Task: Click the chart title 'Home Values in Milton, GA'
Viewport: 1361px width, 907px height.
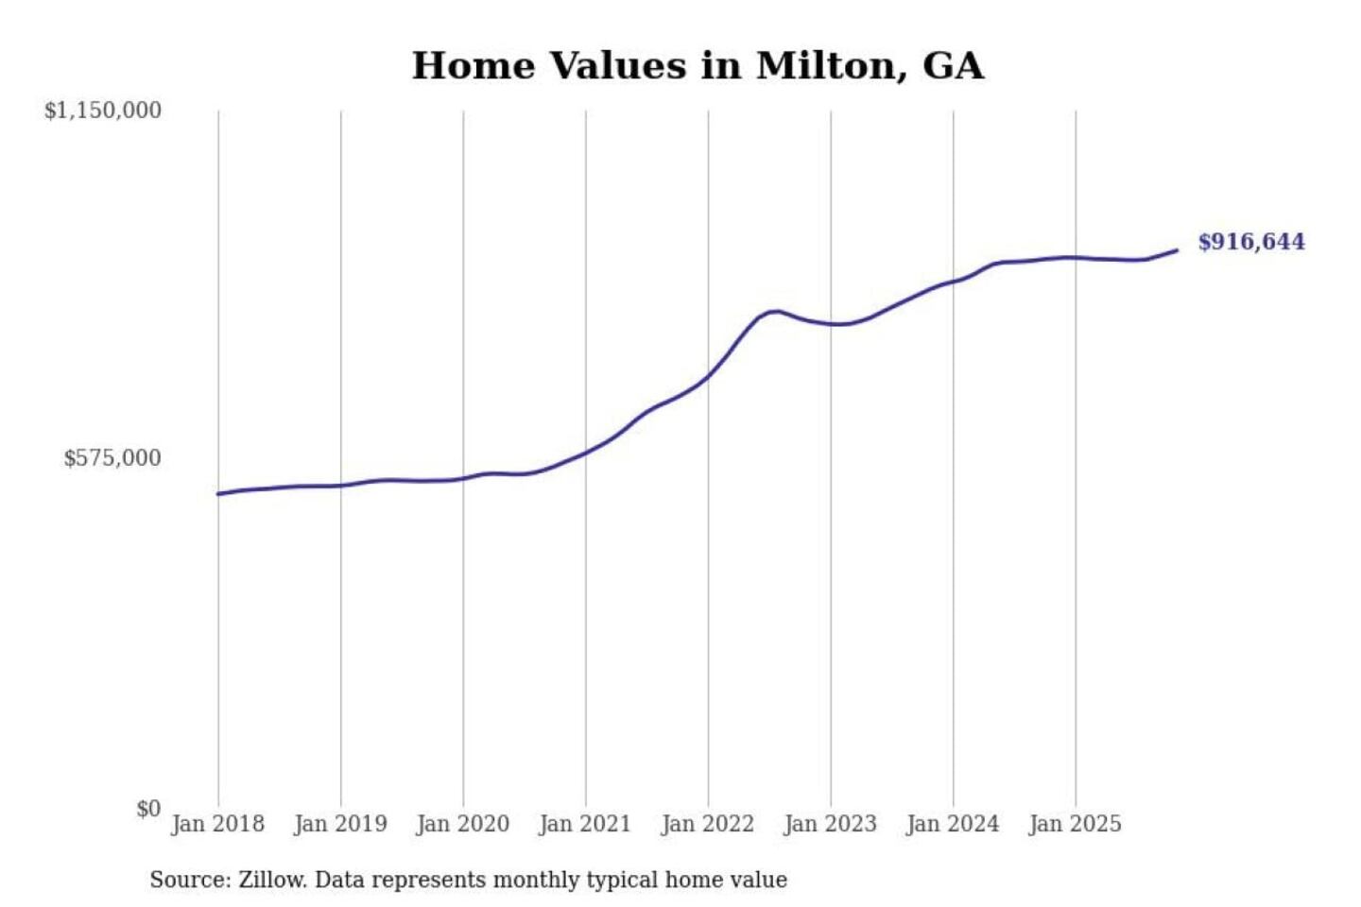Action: (x=698, y=66)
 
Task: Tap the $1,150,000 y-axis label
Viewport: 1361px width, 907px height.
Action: (x=103, y=111)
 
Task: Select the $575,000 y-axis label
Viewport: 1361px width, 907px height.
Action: (x=112, y=458)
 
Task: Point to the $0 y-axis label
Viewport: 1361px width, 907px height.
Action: (x=148, y=809)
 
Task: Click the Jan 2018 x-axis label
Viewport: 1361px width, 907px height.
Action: (x=218, y=824)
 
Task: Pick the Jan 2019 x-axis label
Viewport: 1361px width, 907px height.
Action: (x=340, y=824)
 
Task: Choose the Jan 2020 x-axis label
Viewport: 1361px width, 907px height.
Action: (x=463, y=824)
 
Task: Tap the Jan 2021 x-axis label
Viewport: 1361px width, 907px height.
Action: (x=585, y=824)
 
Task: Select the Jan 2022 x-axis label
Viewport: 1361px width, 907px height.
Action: (x=708, y=824)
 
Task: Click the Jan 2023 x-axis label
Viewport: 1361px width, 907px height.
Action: (x=831, y=824)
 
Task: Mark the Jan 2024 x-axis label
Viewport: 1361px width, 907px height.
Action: (x=953, y=824)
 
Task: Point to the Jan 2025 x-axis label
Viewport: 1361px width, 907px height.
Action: (x=1076, y=824)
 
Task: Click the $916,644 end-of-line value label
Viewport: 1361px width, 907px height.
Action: (x=1251, y=242)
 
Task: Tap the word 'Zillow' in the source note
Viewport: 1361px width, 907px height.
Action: (x=271, y=880)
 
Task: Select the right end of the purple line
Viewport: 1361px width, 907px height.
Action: (x=1177, y=250)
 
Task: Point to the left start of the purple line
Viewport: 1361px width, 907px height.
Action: (x=218, y=494)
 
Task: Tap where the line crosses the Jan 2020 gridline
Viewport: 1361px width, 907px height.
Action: (x=463, y=478)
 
